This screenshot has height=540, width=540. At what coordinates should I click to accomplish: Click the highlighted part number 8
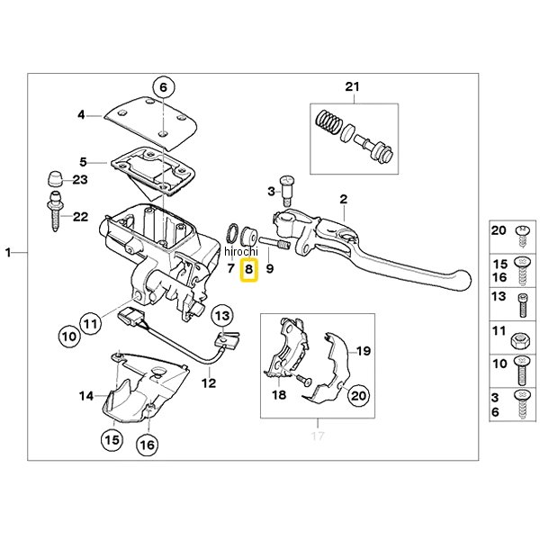249,268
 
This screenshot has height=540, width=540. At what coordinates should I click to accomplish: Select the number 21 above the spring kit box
352,86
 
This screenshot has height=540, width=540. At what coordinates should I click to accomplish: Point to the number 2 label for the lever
343,198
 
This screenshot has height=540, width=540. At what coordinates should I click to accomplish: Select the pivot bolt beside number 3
287,186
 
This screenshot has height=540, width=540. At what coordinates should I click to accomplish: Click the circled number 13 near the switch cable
221,314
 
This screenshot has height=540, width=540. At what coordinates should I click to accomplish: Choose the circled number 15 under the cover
111,440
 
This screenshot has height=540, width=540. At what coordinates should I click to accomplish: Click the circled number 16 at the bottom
147,444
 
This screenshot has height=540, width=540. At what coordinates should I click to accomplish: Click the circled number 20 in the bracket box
357,393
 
